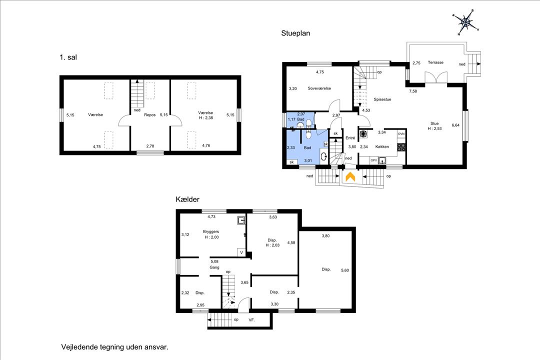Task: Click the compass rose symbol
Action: [x=466, y=22]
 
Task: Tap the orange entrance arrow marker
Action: [x=350, y=176]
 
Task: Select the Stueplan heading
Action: [x=295, y=33]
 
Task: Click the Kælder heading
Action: [x=187, y=199]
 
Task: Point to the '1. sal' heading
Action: [x=68, y=57]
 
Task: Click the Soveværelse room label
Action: [x=319, y=88]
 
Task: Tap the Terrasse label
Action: [x=435, y=62]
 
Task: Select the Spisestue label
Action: [x=382, y=99]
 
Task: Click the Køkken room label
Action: [x=382, y=146]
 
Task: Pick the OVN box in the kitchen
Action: [x=401, y=133]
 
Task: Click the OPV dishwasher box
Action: [x=373, y=160]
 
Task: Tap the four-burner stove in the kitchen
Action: [x=401, y=147]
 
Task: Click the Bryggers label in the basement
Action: [x=211, y=231]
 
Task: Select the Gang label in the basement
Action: [x=214, y=267]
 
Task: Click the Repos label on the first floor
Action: [x=150, y=114]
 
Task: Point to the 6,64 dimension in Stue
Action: [x=455, y=125]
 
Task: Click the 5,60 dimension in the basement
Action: [x=344, y=270]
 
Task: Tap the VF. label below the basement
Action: [x=251, y=320]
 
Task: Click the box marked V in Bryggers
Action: [x=241, y=252]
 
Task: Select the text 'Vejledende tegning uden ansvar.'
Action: [x=114, y=347]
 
